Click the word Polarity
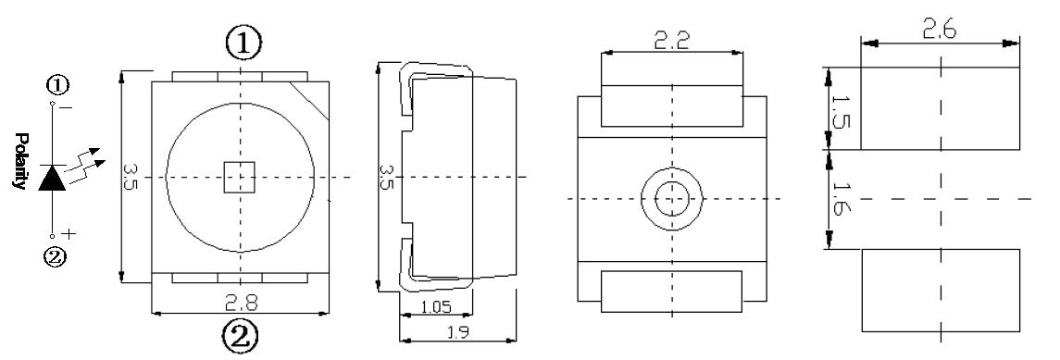click(x=20, y=161)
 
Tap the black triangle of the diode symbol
click(x=53, y=179)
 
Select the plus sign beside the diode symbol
click(x=69, y=234)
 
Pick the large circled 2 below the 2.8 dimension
click(x=240, y=336)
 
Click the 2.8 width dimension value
click(x=242, y=303)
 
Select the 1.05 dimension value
click(x=436, y=307)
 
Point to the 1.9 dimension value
click(x=457, y=331)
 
